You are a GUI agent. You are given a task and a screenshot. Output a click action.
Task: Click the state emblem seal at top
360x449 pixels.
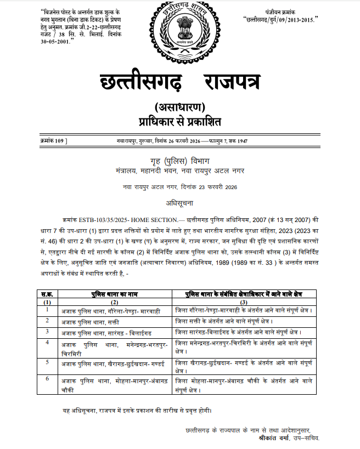click(179, 31)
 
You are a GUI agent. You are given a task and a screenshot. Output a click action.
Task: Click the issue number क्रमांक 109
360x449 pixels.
click(54, 141)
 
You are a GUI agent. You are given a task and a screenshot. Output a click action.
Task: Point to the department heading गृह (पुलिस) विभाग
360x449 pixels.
click(179, 161)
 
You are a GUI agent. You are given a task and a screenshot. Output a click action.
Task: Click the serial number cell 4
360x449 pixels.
click(47, 343)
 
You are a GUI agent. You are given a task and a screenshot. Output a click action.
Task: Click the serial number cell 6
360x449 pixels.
click(47, 379)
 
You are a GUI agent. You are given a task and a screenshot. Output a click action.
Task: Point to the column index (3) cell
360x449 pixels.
click(244, 302)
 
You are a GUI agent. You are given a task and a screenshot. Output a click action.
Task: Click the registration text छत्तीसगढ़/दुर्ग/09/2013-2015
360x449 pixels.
click(285, 19)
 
